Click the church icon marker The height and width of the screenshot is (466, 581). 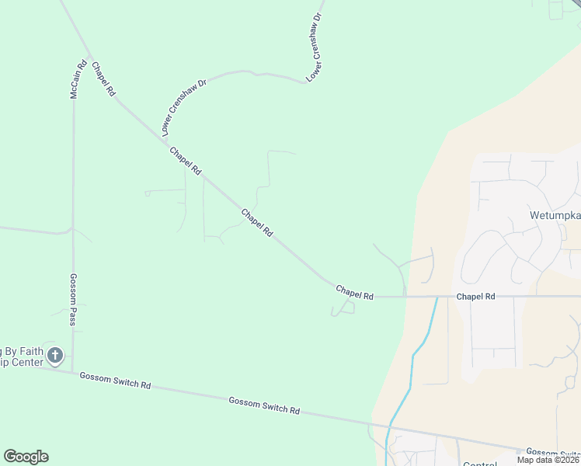click(54, 356)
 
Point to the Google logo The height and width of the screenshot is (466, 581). click(26, 457)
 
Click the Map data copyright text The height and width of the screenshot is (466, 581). click(548, 460)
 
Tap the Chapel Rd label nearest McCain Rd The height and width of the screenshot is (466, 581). click(103, 79)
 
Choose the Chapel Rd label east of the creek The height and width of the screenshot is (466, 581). click(475, 297)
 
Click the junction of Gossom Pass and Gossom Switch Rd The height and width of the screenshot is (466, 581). click(72, 370)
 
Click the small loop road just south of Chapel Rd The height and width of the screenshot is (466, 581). click(343, 308)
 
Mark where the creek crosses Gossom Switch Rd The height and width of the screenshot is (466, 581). click(388, 426)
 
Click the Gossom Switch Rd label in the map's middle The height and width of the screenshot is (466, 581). click(264, 405)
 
